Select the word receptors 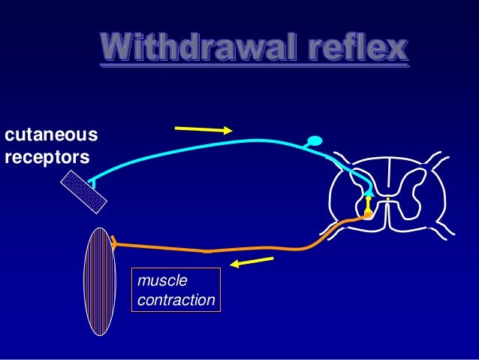pos(47,159)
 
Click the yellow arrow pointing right pos(203,129)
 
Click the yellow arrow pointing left pos(252,262)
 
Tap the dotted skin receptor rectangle pos(83,191)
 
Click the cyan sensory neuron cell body pos(315,141)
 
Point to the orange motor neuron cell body pos(368,215)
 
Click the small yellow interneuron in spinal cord pos(369,202)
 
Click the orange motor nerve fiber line pos(225,249)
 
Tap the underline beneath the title pos(255,67)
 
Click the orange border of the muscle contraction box pos(176,268)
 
